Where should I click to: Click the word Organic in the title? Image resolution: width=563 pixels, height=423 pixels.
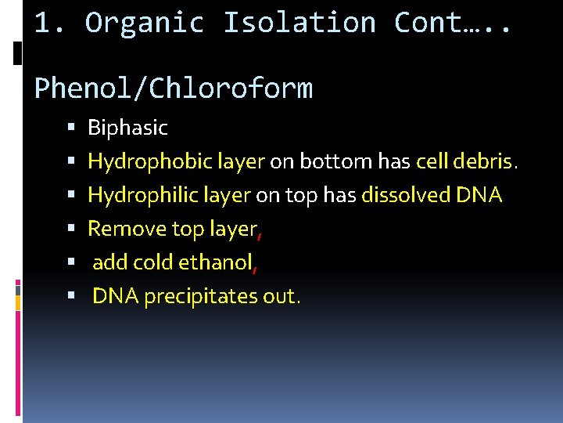pos(145,23)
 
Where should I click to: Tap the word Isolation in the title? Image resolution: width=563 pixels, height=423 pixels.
pos(299,23)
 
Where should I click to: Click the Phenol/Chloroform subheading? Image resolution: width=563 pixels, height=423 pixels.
pos(174,89)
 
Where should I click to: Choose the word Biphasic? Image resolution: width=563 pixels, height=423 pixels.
pos(127,128)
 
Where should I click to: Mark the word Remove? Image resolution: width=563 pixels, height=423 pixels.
pos(117,229)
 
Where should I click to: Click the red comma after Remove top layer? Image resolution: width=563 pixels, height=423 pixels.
pos(260,232)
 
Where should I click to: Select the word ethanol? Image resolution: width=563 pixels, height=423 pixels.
pos(214,262)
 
